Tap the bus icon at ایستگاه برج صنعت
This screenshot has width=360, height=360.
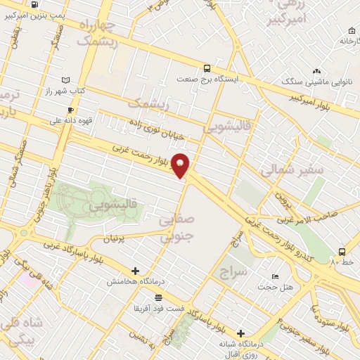pyautogui.click(x=207, y=68)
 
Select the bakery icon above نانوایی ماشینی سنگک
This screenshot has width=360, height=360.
pyautogui.click(x=316, y=71)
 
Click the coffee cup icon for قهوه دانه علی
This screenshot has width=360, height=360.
pyautogui.click(x=70, y=110)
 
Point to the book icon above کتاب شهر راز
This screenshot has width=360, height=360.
pyautogui.click(x=66, y=81)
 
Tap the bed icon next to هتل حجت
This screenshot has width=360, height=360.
pyautogui.click(x=274, y=276)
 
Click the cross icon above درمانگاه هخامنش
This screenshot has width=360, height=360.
pyautogui.click(x=135, y=271)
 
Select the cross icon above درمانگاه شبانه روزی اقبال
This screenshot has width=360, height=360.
pyautogui.click(x=240, y=333)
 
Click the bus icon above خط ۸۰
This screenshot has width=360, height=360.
pyautogui.click(x=342, y=251)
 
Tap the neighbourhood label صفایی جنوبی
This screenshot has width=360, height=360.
pyautogui.click(x=176, y=229)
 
